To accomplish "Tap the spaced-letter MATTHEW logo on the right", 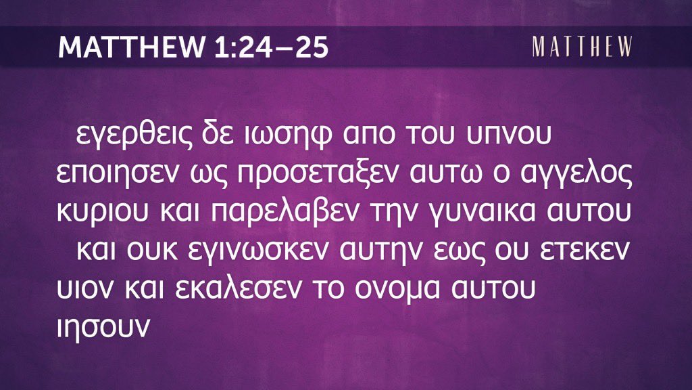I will pyautogui.click(x=582, y=47).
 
